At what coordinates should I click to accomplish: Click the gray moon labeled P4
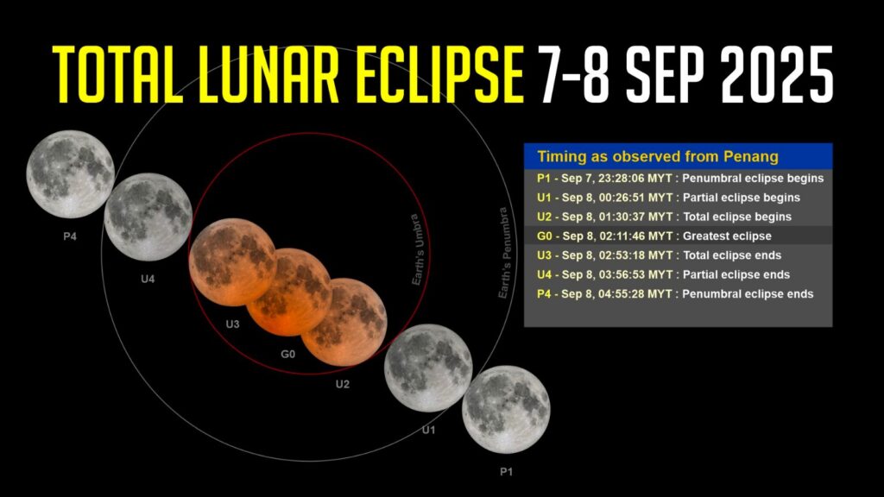71,174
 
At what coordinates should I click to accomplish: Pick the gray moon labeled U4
148,217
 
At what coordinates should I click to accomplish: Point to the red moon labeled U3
232,262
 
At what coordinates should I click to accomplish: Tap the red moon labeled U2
344,322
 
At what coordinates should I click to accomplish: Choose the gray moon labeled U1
428,368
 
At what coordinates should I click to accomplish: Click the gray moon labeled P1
506,410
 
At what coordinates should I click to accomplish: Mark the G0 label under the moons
288,354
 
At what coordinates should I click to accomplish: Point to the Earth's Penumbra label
503,253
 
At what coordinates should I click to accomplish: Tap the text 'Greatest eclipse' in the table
727,236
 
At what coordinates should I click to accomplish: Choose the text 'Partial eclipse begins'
742,198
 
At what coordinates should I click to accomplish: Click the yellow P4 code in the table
544,294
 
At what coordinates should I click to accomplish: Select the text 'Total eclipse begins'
737,217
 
